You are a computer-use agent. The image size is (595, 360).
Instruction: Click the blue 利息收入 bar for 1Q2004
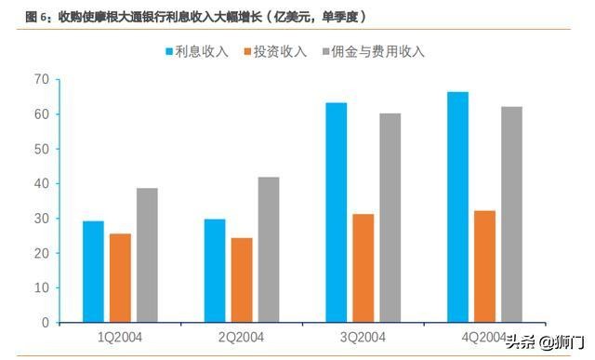click(93, 272)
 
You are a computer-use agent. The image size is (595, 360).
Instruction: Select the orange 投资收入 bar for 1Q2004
click(120, 278)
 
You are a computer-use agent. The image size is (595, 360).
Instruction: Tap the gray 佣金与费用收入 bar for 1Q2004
click(147, 255)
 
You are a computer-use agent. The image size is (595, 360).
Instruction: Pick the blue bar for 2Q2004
click(215, 271)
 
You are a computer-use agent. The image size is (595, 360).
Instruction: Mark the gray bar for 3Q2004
click(390, 218)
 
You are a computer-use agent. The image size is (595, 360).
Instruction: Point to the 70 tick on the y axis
click(41, 79)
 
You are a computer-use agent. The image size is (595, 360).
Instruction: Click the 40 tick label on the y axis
click(41, 183)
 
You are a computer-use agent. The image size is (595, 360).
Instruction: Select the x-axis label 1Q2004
click(120, 337)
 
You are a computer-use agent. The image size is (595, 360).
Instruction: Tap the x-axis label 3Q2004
click(364, 337)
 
